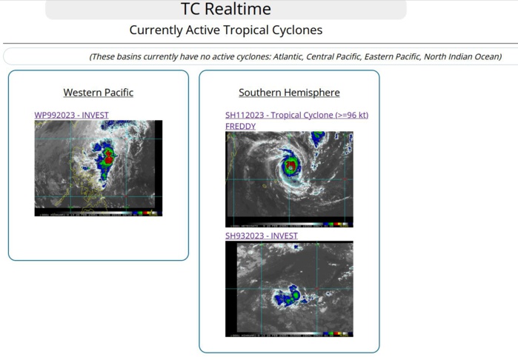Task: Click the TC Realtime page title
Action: (226, 10)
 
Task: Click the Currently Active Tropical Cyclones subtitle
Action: (226, 30)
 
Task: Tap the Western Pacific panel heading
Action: (99, 93)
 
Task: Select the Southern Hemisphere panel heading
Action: (289, 93)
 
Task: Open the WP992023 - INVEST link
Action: (71, 115)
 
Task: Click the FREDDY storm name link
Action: (240, 126)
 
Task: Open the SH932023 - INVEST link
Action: (261, 236)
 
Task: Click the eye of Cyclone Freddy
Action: (290, 165)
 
